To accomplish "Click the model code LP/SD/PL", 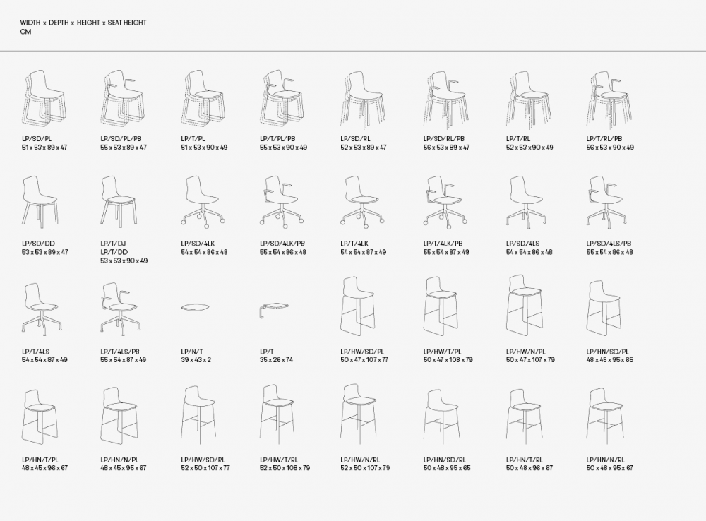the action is [x=37, y=138].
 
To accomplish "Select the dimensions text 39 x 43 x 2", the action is [x=196, y=360].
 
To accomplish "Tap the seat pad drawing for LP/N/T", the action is [x=195, y=307].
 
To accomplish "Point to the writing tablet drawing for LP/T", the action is [x=274, y=310].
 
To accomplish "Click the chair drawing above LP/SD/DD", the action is [x=40, y=200].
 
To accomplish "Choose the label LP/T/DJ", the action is [x=112, y=244].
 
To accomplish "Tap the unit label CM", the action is [x=25, y=32].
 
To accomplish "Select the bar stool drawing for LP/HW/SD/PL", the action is [x=357, y=306].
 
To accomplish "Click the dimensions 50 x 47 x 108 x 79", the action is [x=448, y=360].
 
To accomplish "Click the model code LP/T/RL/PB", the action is [x=604, y=138].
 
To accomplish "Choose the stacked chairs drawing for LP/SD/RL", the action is [x=361, y=99].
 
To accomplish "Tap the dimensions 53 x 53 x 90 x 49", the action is [x=124, y=260].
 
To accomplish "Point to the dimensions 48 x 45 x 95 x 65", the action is [x=610, y=360].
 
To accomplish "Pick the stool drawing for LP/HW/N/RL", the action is [x=359, y=412].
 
